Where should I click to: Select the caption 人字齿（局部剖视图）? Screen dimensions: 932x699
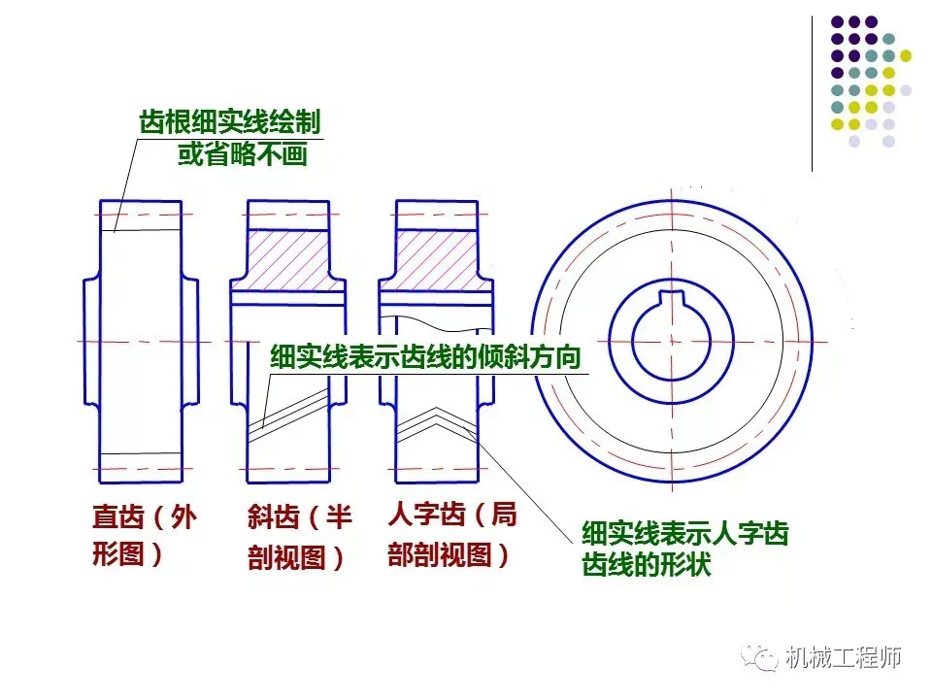pos(452,534)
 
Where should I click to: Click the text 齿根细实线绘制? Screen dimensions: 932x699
pos(229,123)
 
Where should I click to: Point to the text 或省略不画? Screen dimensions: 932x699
pos(242,154)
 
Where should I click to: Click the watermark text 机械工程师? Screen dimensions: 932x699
pos(844,659)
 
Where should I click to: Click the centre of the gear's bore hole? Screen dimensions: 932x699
pos(671,340)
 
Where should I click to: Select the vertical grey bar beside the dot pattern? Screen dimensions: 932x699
pos(812,93)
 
